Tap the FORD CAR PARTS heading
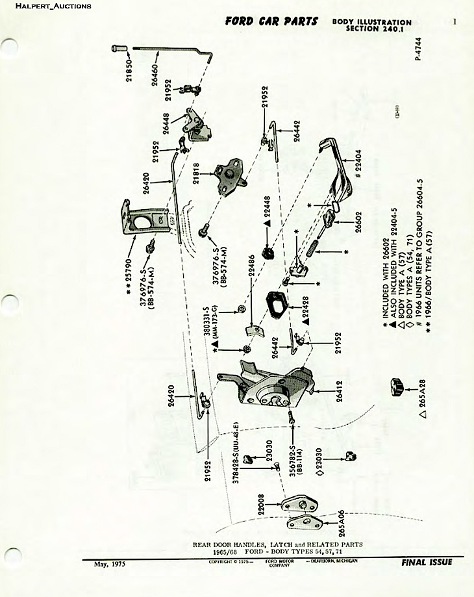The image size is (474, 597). pos(271,21)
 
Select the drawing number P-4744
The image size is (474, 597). pos(418,49)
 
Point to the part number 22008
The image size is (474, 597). pos(261,505)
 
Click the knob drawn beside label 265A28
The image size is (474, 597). pos(395,386)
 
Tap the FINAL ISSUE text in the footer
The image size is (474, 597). pos(427,563)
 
